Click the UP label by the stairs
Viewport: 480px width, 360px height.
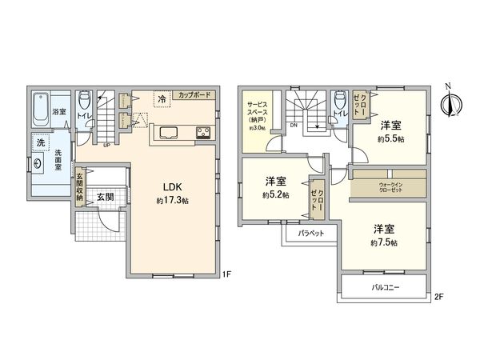click(x=106, y=145)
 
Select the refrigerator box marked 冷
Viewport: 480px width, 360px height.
click(x=162, y=100)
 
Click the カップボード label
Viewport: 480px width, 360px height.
click(x=194, y=94)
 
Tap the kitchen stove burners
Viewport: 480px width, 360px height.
click(x=202, y=133)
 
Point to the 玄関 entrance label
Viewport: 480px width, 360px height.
click(x=105, y=196)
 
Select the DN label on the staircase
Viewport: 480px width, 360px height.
click(x=294, y=125)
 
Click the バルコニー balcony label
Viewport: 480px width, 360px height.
click(x=385, y=286)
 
